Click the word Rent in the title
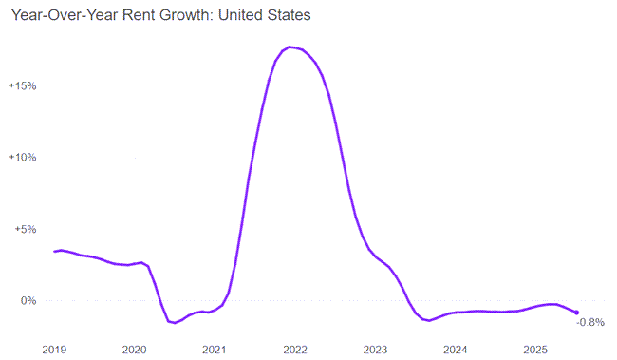point(144,16)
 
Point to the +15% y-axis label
point(23,85)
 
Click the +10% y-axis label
point(23,157)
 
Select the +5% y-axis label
point(26,229)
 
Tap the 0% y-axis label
point(28,300)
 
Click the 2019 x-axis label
point(55,349)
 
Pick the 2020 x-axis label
point(135,349)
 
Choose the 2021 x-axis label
point(215,349)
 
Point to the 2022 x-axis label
point(294,349)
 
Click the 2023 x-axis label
point(375,349)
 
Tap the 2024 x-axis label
point(455,349)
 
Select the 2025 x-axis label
point(534,349)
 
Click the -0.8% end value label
point(590,322)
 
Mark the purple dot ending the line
point(576,312)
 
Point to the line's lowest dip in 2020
point(175,323)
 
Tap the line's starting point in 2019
point(55,251)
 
